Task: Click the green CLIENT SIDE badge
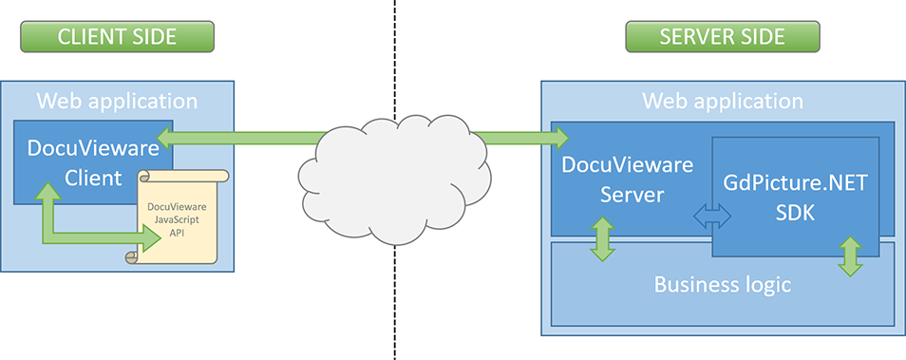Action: click(x=117, y=37)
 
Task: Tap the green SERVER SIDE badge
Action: click(x=722, y=37)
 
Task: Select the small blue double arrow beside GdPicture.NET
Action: click(x=712, y=218)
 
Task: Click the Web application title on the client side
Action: click(x=117, y=101)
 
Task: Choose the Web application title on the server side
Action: click(x=723, y=101)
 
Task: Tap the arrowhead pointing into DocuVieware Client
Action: click(x=166, y=140)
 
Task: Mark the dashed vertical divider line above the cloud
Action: click(x=395, y=57)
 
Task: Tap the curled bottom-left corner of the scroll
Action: click(x=134, y=257)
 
